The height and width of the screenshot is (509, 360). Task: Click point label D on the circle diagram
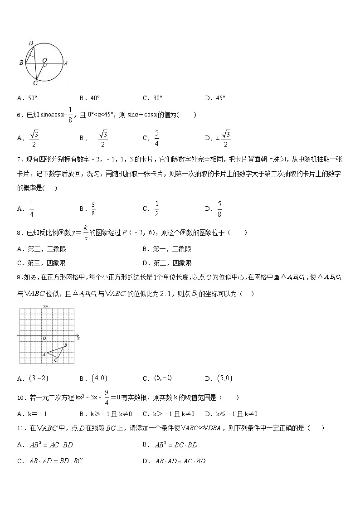(31, 43)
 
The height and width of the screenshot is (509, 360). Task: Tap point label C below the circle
(35, 83)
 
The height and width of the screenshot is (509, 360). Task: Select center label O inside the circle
(44, 60)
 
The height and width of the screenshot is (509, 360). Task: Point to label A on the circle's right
(66, 63)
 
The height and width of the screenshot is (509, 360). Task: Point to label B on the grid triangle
(66, 345)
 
